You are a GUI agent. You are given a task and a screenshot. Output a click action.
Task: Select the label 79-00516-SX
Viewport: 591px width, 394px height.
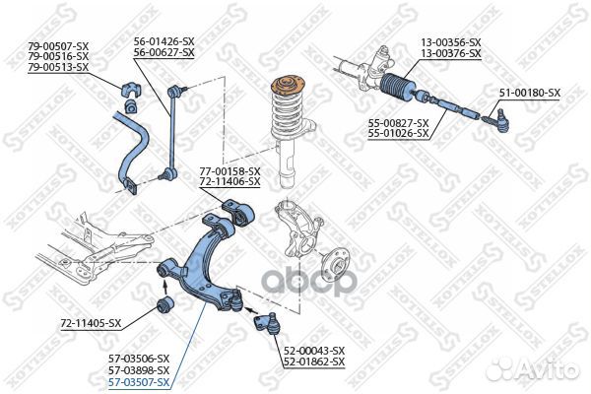click(57, 56)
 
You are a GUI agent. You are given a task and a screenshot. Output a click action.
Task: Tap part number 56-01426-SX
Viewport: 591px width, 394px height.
click(164, 41)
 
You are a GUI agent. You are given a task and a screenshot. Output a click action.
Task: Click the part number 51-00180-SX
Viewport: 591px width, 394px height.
click(529, 93)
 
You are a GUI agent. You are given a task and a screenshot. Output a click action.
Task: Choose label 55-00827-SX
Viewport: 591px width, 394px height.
click(398, 122)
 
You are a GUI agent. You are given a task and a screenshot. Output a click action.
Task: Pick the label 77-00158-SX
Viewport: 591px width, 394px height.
click(230, 171)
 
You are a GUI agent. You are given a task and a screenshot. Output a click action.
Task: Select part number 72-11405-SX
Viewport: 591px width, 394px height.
click(91, 323)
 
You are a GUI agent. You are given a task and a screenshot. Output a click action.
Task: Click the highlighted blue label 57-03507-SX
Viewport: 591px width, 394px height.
click(139, 381)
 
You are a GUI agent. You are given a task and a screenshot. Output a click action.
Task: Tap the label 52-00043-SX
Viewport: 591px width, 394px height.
click(313, 351)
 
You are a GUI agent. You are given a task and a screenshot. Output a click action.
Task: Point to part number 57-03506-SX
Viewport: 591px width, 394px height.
click(139, 359)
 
